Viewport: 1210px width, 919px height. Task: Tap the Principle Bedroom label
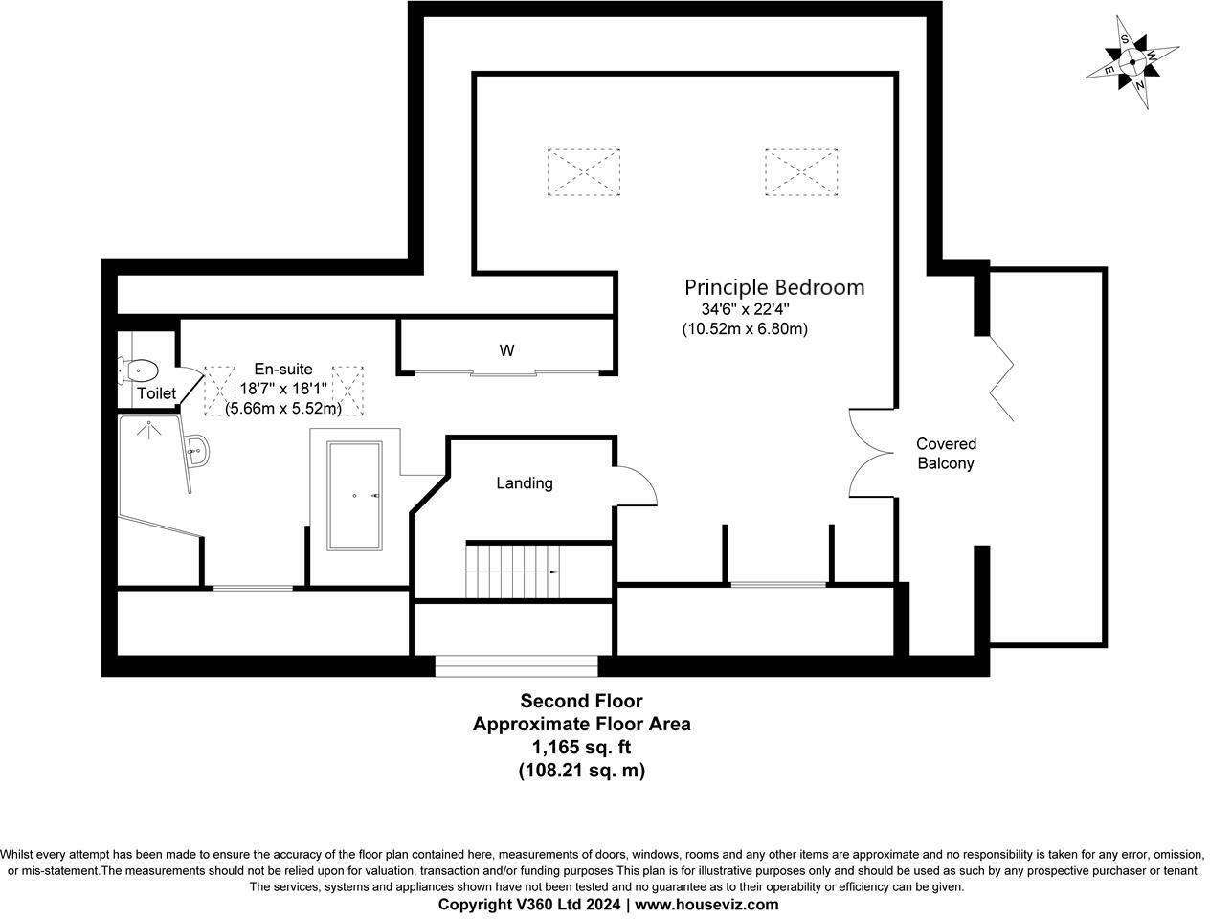point(773,287)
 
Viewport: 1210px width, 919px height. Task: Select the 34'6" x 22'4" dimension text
point(745,309)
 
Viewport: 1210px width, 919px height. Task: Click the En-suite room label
point(282,369)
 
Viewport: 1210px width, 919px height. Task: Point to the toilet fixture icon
point(138,369)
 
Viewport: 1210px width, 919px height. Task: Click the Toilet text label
point(156,393)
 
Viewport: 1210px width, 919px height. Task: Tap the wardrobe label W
point(506,350)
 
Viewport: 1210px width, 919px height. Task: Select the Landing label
point(524,483)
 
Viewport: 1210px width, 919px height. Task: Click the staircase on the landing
point(512,571)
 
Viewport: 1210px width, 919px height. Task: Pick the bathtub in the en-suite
point(355,496)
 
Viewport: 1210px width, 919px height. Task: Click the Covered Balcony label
point(946,454)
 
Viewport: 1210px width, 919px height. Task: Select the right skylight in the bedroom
point(801,171)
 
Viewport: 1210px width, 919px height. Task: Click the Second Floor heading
point(581,702)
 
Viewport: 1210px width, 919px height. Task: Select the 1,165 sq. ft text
point(581,747)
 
